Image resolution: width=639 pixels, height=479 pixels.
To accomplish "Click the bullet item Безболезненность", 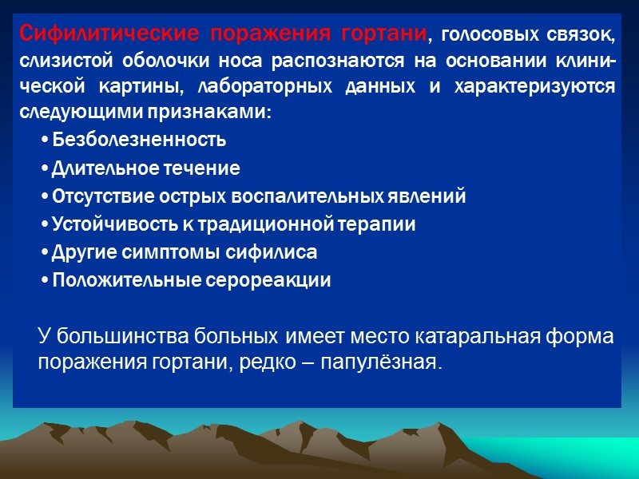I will point(138,141).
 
